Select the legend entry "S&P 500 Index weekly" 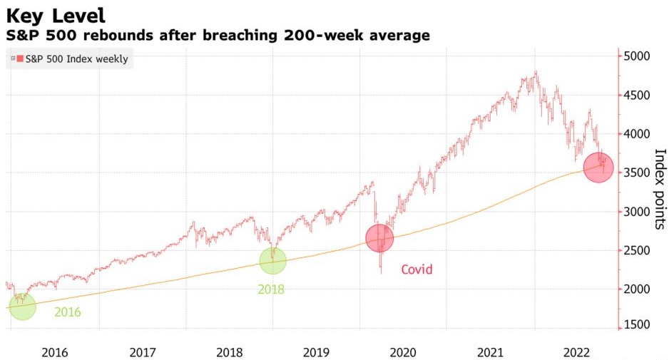tap(76, 59)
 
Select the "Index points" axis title tap(660, 188)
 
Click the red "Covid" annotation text tap(417, 269)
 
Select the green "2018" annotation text tap(270, 289)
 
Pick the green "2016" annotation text tap(68, 312)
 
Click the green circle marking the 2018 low tap(272, 260)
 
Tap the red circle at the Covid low tap(380, 238)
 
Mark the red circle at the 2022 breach tap(598, 168)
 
